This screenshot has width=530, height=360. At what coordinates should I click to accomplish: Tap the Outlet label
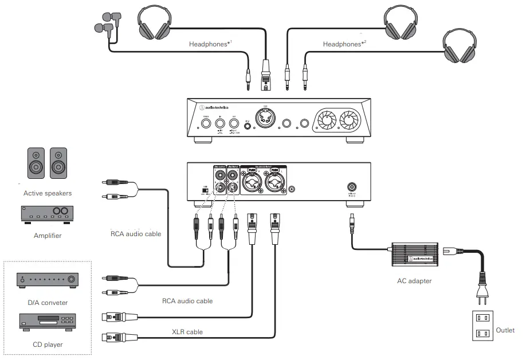click(x=505, y=330)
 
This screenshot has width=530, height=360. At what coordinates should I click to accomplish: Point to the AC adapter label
click(x=414, y=281)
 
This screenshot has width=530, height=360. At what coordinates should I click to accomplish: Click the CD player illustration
click(x=48, y=322)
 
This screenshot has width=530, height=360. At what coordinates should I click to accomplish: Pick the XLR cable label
click(x=187, y=331)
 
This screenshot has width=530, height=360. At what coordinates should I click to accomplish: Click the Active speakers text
click(x=48, y=193)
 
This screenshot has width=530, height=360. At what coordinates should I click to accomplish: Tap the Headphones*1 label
click(x=210, y=44)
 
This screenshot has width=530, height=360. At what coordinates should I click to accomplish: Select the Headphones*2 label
click(x=344, y=44)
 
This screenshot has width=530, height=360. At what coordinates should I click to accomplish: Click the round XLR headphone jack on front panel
click(x=265, y=120)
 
